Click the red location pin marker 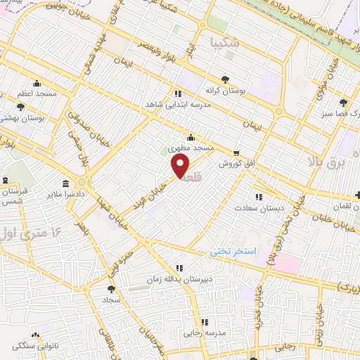point(181,166)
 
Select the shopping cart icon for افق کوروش point(236,152)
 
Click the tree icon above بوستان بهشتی point(20,108)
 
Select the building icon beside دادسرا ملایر point(65,184)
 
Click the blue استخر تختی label point(236,251)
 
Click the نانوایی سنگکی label point(35,345)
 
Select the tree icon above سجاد point(110,288)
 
